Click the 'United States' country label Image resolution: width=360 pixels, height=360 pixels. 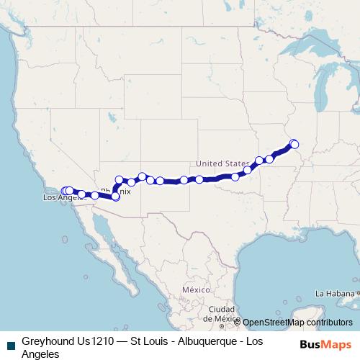coord(222,163)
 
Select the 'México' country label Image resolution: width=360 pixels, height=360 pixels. coord(194,289)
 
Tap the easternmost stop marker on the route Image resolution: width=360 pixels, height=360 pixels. coord(294,145)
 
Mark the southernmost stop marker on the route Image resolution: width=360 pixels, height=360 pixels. coord(115,196)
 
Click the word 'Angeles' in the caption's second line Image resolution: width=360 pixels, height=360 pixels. coord(40,354)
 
